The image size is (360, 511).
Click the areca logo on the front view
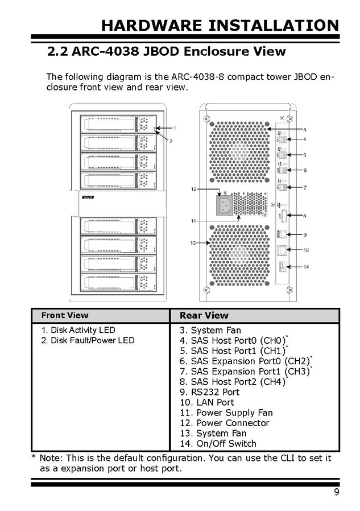(86, 199)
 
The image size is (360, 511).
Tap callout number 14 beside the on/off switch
(305, 266)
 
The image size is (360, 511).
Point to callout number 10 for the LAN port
(305, 250)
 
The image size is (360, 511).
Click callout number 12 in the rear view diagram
(193, 188)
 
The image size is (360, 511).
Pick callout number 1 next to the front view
(175, 128)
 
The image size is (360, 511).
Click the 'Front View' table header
(65, 315)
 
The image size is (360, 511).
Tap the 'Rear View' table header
(204, 315)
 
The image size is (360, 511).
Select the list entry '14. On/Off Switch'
(218, 443)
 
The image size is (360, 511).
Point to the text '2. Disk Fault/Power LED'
(88, 340)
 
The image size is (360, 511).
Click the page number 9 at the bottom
(336, 492)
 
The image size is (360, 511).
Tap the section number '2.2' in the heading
(57, 52)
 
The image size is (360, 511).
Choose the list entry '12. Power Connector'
(224, 423)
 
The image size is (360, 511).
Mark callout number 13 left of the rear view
(193, 243)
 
